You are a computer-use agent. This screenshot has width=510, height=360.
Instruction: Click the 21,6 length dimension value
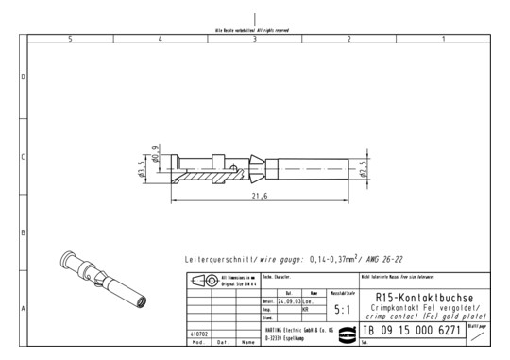(261, 196)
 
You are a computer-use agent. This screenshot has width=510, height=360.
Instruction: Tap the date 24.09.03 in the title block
(277, 300)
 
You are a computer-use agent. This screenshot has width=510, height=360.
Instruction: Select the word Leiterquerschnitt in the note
(219, 258)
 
